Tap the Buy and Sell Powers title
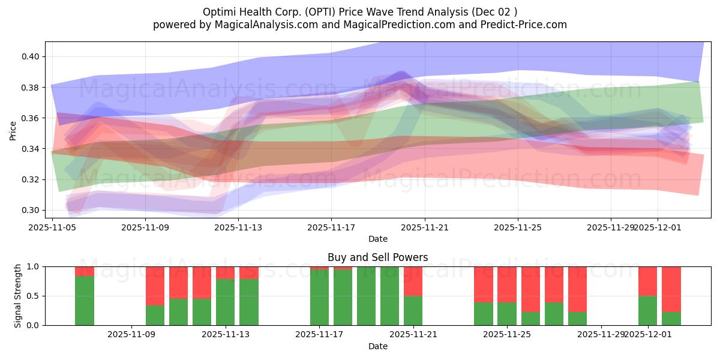(377, 257)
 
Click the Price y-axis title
(13, 130)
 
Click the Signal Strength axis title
(18, 295)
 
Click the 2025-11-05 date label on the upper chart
(53, 227)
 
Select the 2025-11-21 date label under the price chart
(425, 227)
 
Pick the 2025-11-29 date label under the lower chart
(601, 335)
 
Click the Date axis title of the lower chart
(377, 346)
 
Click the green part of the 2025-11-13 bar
(226, 302)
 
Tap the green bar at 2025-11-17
(319, 297)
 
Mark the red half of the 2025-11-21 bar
(413, 281)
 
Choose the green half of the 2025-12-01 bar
(648, 311)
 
